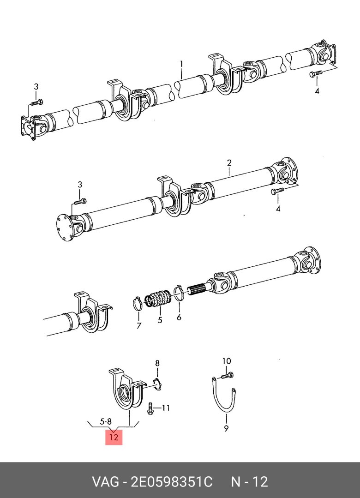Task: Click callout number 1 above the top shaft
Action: click(x=181, y=63)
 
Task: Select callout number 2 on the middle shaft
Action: click(x=228, y=163)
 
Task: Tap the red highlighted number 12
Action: click(x=114, y=437)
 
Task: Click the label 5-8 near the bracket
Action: click(x=106, y=421)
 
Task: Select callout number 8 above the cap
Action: click(x=157, y=363)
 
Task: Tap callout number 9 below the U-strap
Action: click(x=226, y=429)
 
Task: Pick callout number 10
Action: click(x=226, y=360)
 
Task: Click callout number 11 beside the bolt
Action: click(x=166, y=408)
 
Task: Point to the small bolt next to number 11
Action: click(x=150, y=408)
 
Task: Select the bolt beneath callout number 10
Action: click(x=227, y=376)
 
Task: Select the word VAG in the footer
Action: click(x=104, y=482)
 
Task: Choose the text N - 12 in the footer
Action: click(x=249, y=482)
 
